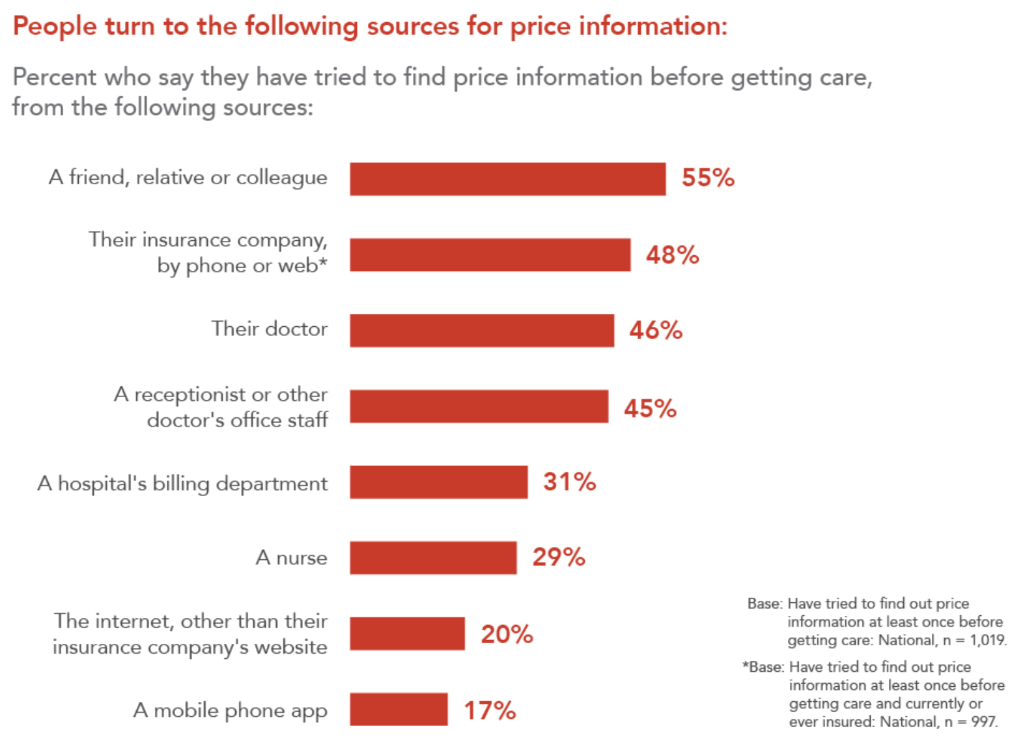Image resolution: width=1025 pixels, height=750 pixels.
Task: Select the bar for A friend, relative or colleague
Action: coord(507,179)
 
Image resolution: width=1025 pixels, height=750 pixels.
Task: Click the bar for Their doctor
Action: coord(481,331)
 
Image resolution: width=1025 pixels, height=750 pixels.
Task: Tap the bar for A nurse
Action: coord(433,558)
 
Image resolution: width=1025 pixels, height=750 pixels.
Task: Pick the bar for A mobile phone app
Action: coord(399,710)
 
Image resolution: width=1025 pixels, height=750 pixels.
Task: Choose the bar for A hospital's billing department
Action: coord(438,482)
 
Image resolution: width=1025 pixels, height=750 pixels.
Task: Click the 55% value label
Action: coord(708,178)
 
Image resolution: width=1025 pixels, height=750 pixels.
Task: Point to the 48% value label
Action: coord(672,255)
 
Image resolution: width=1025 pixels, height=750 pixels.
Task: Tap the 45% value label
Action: coord(650,408)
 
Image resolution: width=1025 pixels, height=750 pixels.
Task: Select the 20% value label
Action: coord(507,634)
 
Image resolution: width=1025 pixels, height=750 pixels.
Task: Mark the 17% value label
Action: coord(490,710)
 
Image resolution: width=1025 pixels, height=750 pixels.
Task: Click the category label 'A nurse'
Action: coord(291,558)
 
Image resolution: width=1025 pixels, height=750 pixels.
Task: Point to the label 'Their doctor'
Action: coord(269,329)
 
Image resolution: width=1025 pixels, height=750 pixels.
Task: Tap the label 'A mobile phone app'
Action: coord(230,710)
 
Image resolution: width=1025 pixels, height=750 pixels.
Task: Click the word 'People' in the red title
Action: coord(55,27)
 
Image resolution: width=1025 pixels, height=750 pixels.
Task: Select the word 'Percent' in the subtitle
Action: coord(54,77)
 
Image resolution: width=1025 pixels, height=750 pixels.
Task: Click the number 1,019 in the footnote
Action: coord(987,640)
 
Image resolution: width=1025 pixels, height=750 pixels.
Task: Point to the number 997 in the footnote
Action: coord(983,722)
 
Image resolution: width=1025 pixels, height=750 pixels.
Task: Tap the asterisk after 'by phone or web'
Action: coord(322,262)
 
